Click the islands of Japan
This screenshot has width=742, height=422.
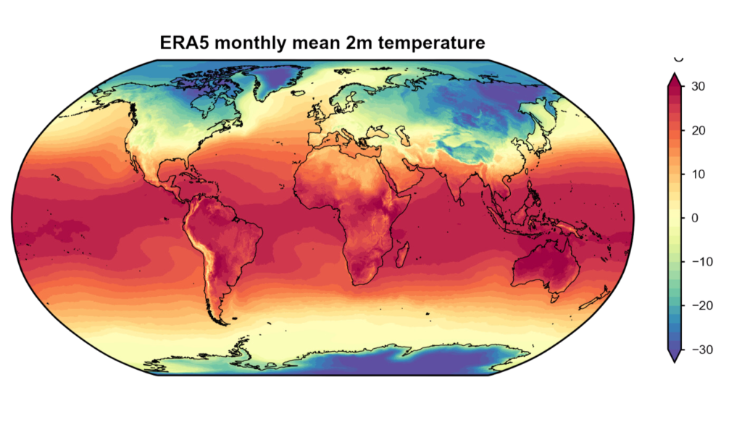[549, 142]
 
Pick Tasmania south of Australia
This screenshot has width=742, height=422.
[554, 296]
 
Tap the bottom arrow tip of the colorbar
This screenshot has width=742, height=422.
[674, 360]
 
